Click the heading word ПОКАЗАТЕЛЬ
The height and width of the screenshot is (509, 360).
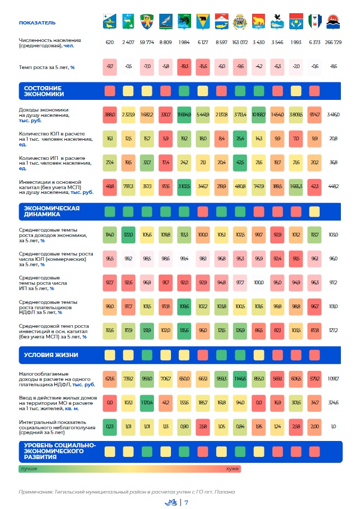point(37,23)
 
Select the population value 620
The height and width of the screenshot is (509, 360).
point(110,42)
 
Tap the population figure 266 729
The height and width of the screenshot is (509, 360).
point(333,42)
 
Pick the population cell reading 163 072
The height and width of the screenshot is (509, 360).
point(240,42)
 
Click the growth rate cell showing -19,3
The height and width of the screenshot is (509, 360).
point(184,66)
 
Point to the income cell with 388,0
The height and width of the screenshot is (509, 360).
point(110,114)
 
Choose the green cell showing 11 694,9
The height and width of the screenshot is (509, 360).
point(184,114)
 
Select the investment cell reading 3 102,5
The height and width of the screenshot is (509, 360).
point(184,186)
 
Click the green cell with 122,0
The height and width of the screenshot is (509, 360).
point(128,234)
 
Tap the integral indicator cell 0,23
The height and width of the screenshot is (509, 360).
point(110,426)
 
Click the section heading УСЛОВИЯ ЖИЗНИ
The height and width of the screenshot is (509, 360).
point(52,354)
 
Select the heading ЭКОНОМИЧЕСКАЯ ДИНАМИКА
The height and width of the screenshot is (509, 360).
point(52,211)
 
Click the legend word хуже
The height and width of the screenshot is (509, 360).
point(232,469)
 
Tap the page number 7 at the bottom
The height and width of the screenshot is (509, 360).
point(186,502)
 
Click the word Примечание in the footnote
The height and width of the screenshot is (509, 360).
point(35,491)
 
